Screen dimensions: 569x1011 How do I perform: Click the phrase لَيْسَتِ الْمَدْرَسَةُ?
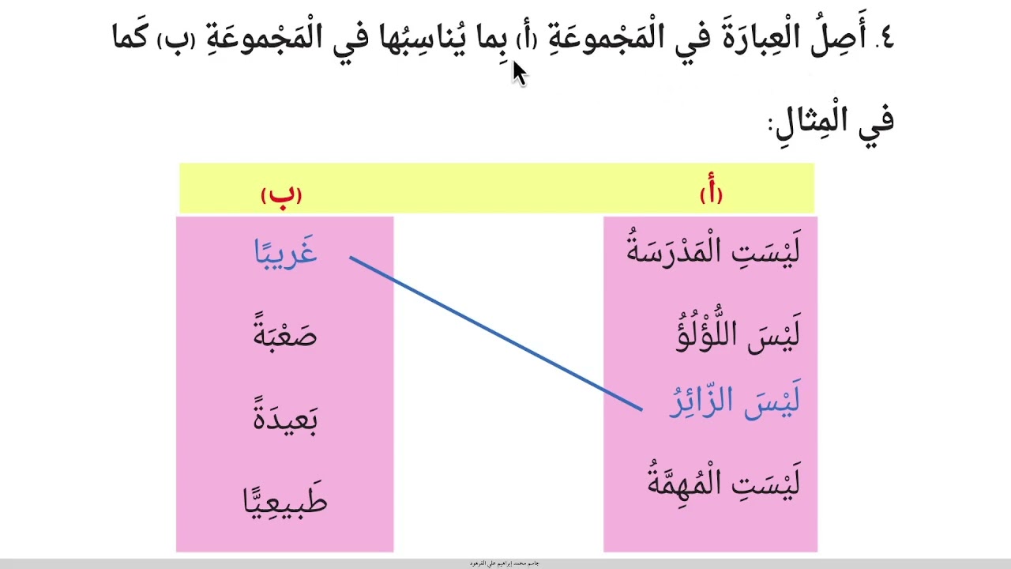(713, 251)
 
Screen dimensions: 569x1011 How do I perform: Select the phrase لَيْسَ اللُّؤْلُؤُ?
(738, 333)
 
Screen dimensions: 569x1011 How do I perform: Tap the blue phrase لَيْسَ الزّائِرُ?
(735, 401)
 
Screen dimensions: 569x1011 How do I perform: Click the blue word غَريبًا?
(285, 251)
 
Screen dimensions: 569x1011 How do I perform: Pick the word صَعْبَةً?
(285, 333)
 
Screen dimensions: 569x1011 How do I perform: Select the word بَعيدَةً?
(285, 417)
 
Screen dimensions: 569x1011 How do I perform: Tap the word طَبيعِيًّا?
(285, 499)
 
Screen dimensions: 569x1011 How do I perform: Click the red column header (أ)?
(711, 194)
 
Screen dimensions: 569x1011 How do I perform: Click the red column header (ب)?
(281, 194)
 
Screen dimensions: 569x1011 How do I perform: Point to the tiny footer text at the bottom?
(505, 563)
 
